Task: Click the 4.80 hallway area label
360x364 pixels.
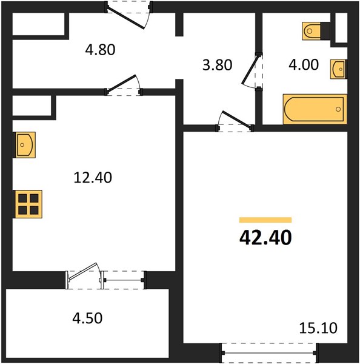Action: tap(100, 50)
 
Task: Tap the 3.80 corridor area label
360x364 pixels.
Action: tap(217, 65)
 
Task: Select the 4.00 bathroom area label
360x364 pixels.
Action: tap(304, 65)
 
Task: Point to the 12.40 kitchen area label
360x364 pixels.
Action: tap(93, 178)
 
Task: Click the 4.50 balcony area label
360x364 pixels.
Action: tap(87, 318)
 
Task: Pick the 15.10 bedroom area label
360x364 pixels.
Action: tap(318, 328)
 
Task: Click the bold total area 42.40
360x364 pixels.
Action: tap(265, 238)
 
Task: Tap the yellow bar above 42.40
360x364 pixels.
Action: tap(265, 220)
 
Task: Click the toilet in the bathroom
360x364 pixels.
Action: tap(316, 31)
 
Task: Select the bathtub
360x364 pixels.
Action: tap(315, 109)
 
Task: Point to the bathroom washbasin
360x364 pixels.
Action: tap(339, 69)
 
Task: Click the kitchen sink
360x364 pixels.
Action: tap(24, 145)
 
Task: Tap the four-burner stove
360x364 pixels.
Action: tap(28, 204)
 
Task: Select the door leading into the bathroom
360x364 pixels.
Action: tap(252, 71)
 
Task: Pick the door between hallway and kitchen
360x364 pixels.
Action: tap(124, 85)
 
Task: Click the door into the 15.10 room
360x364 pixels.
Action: tap(235, 122)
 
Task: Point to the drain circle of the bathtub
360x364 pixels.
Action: tap(338, 109)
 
